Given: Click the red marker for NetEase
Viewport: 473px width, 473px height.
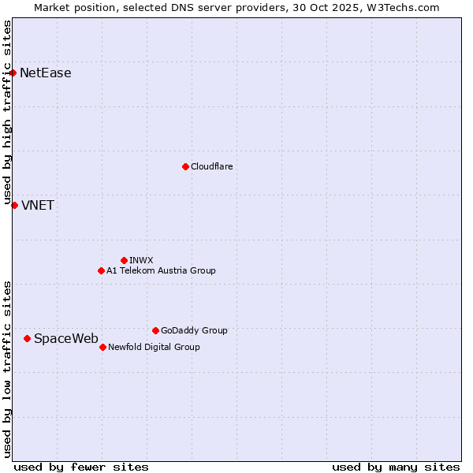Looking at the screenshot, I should point(13,73).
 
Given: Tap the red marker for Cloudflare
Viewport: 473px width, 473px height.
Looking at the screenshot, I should point(185,166).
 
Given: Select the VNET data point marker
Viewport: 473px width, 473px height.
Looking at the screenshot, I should point(14,205).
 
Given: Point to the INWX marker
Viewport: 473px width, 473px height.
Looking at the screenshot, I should point(124,260).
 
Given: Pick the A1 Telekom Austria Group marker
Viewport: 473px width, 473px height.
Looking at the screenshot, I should point(101,270).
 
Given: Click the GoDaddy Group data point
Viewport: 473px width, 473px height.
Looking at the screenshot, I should point(155,330).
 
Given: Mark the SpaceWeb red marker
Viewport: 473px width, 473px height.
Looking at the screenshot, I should point(27,338).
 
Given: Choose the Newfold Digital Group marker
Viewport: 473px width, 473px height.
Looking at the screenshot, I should point(102,347).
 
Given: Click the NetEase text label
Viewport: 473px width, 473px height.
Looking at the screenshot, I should point(46,73).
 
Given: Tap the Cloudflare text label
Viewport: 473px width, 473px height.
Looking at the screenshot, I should point(212,166).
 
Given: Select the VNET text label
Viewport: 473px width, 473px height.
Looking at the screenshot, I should point(38,206).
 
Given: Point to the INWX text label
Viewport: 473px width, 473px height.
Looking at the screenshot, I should point(141,260).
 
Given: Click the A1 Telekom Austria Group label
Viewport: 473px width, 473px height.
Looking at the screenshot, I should point(161,270).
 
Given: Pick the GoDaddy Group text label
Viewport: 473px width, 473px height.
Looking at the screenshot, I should point(194,330).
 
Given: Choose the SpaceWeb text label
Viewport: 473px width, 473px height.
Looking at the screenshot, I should point(66,339).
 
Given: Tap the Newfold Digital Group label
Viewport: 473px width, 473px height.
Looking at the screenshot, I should point(154,347).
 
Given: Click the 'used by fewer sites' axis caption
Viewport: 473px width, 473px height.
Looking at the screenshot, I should point(81,467).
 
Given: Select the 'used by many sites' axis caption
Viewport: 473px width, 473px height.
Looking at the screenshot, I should point(396,467).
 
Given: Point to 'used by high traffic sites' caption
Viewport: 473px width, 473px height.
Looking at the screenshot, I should point(7,113).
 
